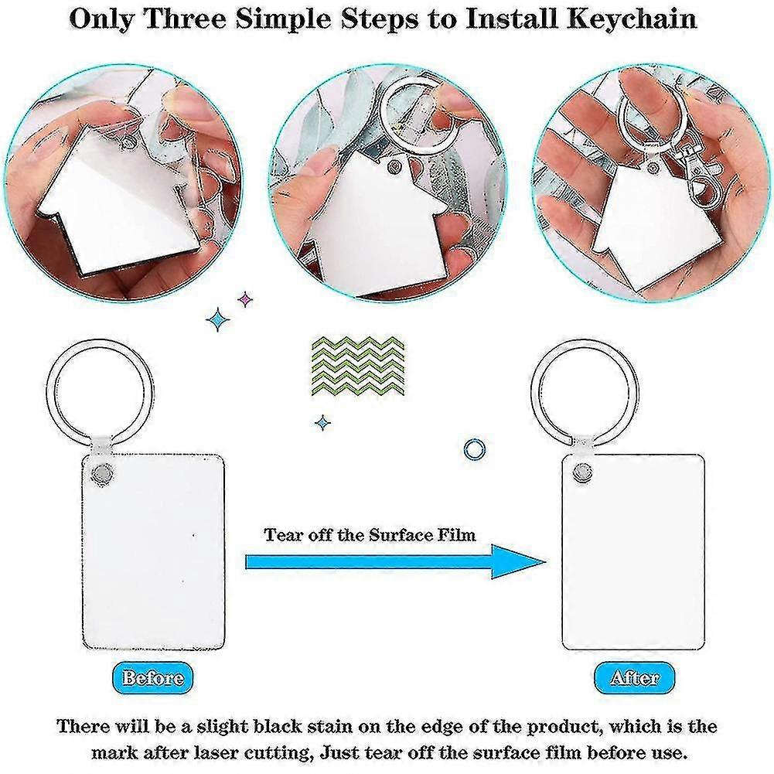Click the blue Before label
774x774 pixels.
click(x=153, y=678)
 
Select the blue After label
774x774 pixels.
click(x=634, y=678)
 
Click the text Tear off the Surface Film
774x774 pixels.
click(x=370, y=535)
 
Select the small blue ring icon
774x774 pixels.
click(x=472, y=448)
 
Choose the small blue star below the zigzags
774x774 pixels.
click(x=322, y=422)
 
